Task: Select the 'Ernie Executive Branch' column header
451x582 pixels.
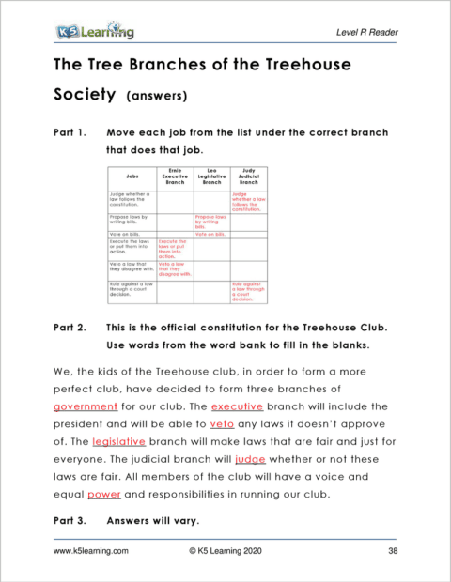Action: click(175, 176)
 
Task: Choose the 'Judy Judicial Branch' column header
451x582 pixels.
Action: click(249, 176)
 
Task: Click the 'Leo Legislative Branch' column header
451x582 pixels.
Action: click(211, 176)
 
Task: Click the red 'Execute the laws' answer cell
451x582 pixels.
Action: click(173, 249)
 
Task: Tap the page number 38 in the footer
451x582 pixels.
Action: click(393, 552)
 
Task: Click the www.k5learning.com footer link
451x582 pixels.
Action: click(91, 552)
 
